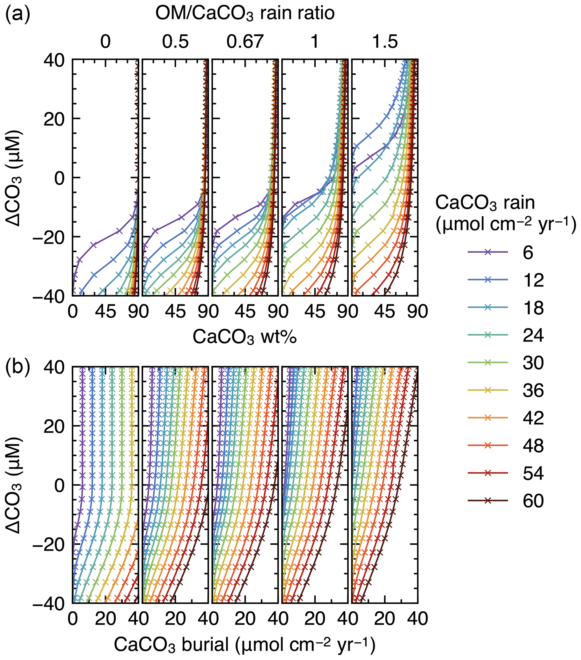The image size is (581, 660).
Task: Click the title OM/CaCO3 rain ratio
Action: [x=245, y=14]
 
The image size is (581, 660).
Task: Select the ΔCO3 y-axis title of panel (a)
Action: [x=14, y=178]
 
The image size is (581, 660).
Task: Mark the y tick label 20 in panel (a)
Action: [x=53, y=119]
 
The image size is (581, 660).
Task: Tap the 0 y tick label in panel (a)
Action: [x=59, y=178]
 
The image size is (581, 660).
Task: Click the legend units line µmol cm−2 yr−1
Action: [x=506, y=225]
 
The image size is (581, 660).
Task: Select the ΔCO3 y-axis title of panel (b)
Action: [x=14, y=485]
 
